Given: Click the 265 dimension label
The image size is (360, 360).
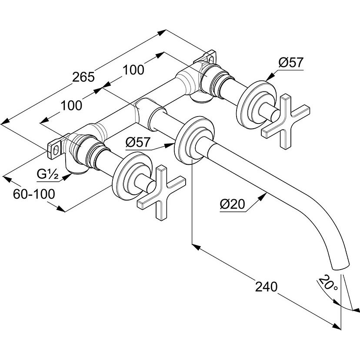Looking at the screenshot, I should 83,77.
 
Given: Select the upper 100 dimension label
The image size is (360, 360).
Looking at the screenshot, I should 133,69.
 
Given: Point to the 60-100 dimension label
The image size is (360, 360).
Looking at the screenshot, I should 34,194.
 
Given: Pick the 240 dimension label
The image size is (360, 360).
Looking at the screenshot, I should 266,286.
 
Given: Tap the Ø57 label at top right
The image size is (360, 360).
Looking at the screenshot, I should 290,63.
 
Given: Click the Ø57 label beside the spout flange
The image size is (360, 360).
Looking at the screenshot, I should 138,142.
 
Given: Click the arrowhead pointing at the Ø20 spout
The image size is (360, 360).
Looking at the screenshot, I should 263,197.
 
